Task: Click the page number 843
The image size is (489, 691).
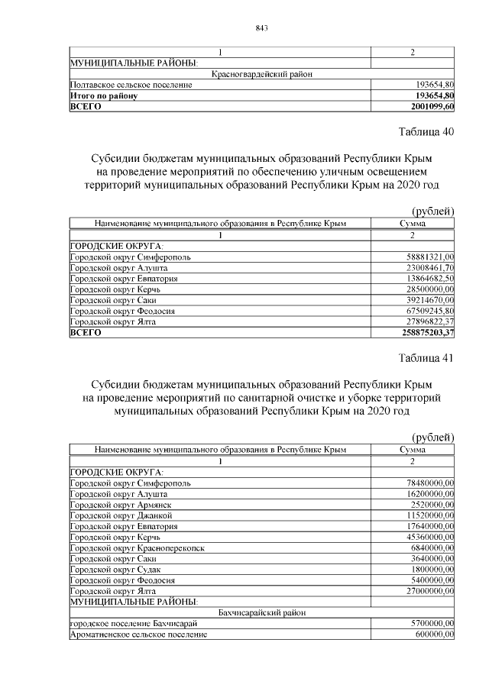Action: pos(261,28)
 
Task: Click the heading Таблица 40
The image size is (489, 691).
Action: pos(427,131)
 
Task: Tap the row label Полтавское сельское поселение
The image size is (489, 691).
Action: pos(131,85)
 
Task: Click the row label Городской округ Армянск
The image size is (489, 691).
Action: pos(120,505)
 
